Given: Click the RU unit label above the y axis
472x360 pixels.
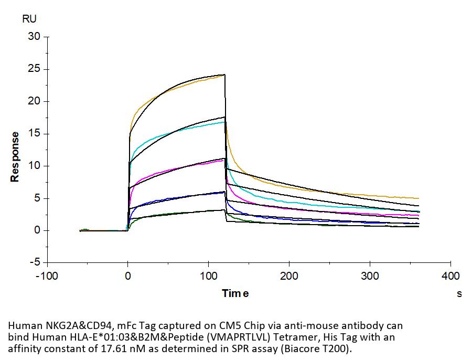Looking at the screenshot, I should click(29, 19).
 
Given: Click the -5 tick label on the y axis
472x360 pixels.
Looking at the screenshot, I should click(35, 262).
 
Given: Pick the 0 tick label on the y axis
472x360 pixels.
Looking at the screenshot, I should click(37, 230).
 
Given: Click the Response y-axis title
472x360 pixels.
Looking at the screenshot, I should click(15, 157).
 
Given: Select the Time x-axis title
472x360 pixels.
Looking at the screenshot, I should click(235, 293).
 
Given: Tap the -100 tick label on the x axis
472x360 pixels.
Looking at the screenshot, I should click(47, 276).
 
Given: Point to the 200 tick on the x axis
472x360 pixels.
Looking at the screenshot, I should click(289, 276).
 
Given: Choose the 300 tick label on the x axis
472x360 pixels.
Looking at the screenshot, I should click(370, 276).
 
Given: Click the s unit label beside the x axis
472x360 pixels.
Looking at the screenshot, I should click(459, 294).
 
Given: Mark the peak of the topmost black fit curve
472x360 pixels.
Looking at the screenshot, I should click(224, 75).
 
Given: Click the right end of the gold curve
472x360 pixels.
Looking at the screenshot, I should click(419, 198).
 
